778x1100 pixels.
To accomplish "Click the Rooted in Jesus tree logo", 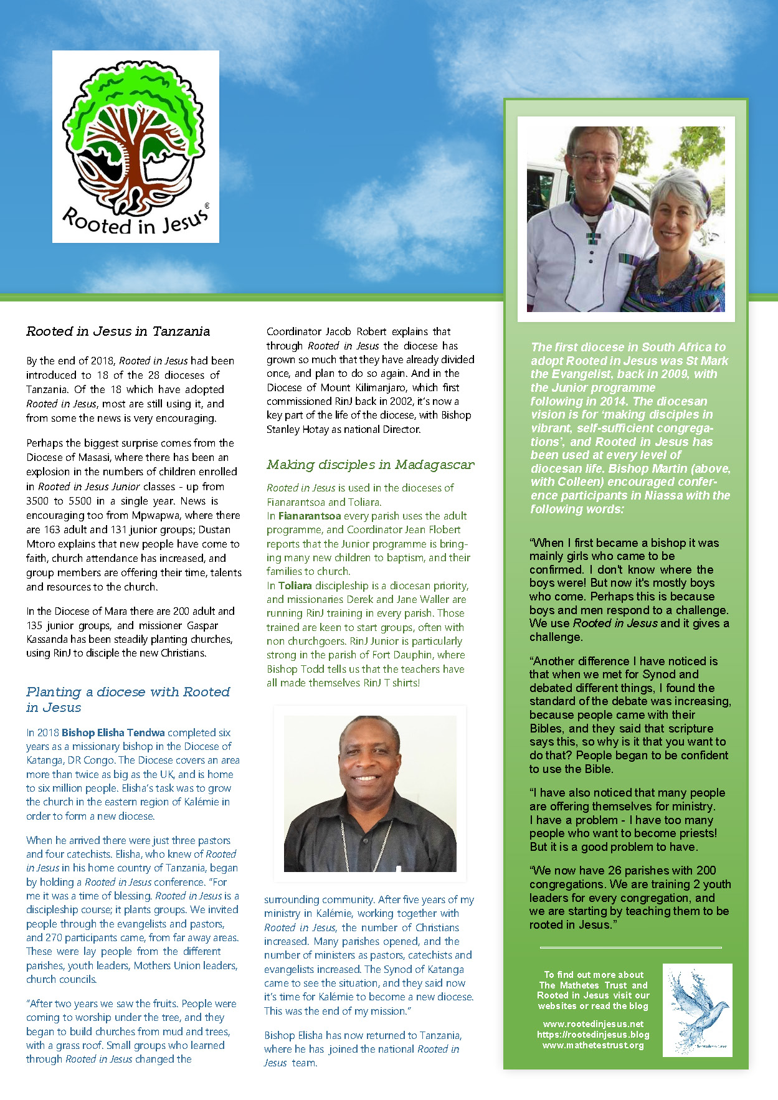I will click(136, 146).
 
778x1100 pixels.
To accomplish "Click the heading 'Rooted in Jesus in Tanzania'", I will click(118, 331).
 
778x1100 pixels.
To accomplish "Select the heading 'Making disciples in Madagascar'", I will click(370, 465).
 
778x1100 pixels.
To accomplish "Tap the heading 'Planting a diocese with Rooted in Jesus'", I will click(128, 699).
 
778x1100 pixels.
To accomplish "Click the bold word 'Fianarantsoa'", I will click(310, 516).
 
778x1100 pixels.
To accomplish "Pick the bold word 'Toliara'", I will click(295, 586).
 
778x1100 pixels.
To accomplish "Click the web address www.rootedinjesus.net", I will click(593, 1024).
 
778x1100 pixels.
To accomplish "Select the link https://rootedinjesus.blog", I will click(593, 1035).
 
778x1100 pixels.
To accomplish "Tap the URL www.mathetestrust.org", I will click(593, 1045).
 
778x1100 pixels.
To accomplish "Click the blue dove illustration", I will click(697, 1010).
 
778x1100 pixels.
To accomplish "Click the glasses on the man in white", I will click(593, 160).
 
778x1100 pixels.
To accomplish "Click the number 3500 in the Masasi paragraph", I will click(37, 501).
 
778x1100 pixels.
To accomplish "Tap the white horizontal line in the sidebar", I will click(630, 947).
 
